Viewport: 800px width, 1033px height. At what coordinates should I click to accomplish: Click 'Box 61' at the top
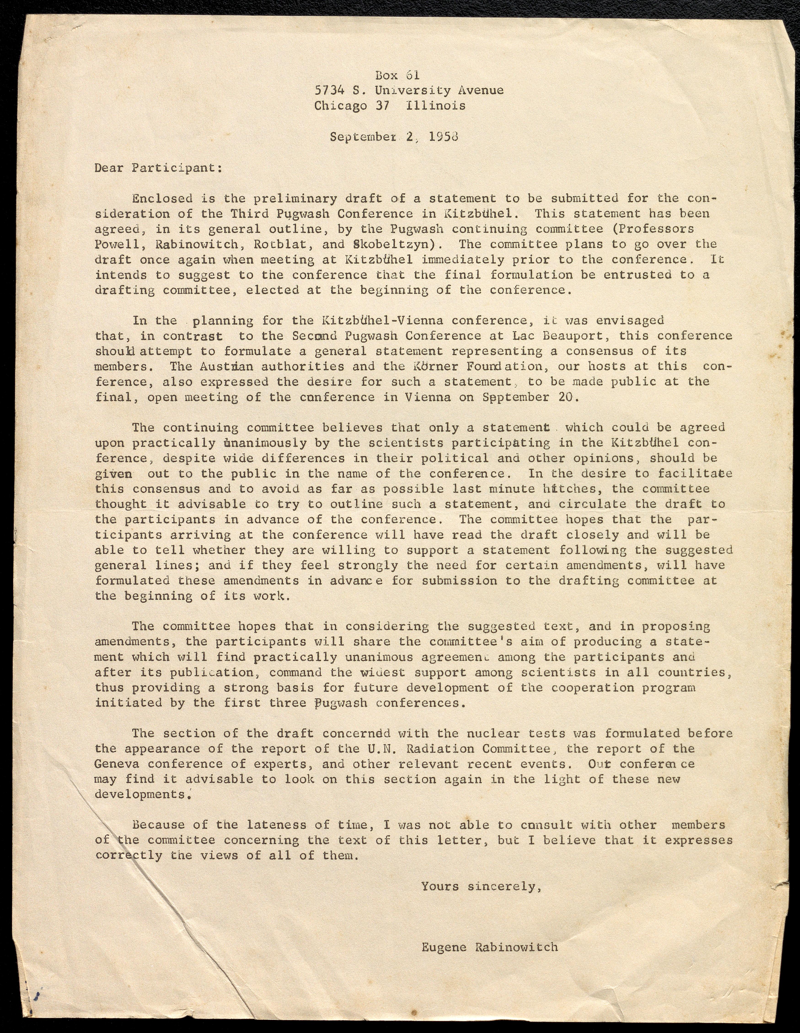(397, 75)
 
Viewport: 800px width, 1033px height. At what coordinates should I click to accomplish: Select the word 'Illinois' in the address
(435, 105)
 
